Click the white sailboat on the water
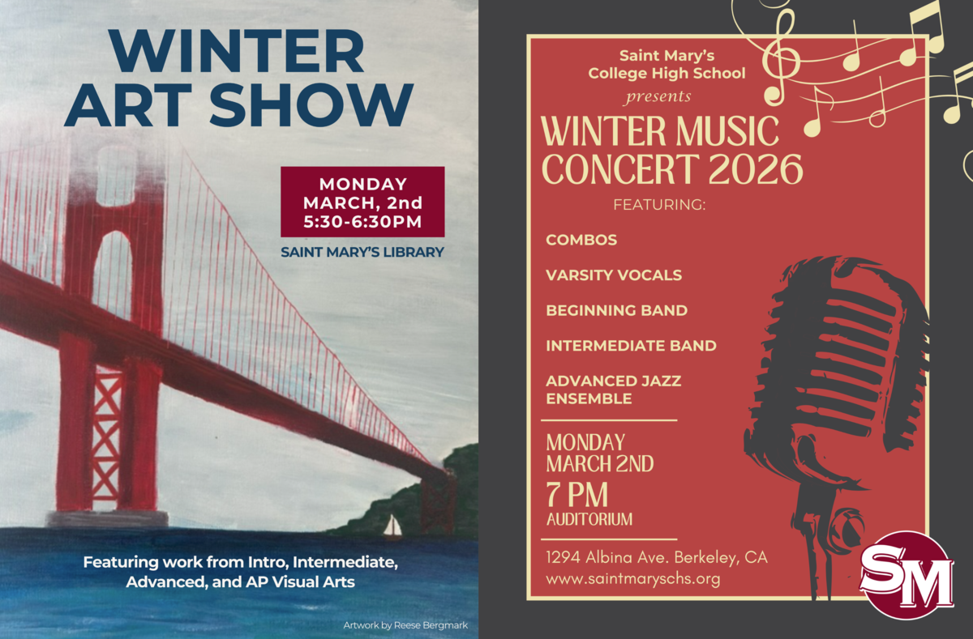click(x=392, y=526)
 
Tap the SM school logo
click(x=907, y=575)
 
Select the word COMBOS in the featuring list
click(x=581, y=240)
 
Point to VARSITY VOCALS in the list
click(x=614, y=275)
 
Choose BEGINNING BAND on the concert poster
click(x=617, y=311)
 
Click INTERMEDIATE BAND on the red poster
click(x=631, y=346)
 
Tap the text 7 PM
click(x=577, y=495)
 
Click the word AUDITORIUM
click(x=589, y=519)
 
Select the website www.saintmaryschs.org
click(x=633, y=579)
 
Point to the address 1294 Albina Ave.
click(x=609, y=557)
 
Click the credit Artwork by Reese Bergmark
click(x=405, y=625)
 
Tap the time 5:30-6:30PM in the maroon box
click(x=362, y=222)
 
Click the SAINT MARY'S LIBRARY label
click(x=362, y=252)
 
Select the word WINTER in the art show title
click(x=237, y=51)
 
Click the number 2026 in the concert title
click(x=756, y=169)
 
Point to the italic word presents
click(x=658, y=96)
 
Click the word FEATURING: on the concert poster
click(x=659, y=204)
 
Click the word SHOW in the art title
click(x=311, y=104)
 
